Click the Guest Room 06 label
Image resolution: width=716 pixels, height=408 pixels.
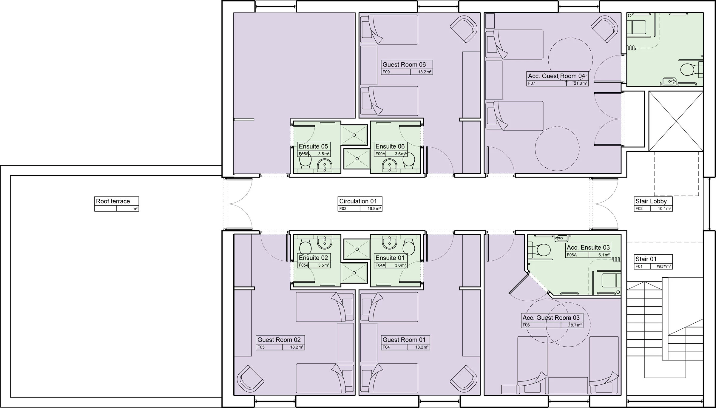click(404, 64)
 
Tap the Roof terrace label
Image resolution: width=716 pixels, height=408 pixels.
click(113, 201)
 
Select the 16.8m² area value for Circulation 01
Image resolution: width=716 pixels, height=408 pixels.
click(374, 209)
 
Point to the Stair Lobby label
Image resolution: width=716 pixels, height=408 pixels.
click(651, 201)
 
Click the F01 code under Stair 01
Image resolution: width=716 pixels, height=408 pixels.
click(639, 266)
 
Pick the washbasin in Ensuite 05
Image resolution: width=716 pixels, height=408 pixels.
click(325, 166)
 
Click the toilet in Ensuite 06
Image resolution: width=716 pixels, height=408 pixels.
click(409, 160)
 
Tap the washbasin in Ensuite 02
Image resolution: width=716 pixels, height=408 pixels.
click(325, 242)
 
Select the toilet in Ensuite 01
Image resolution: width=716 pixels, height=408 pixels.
click(409, 248)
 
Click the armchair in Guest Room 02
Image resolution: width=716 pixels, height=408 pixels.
click(250, 379)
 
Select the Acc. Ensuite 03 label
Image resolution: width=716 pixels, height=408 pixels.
click(588, 247)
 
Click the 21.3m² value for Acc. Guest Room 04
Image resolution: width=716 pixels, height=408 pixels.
click(580, 84)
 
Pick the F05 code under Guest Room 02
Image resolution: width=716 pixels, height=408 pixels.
click(261, 347)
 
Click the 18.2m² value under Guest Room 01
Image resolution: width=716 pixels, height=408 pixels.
click(422, 347)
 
